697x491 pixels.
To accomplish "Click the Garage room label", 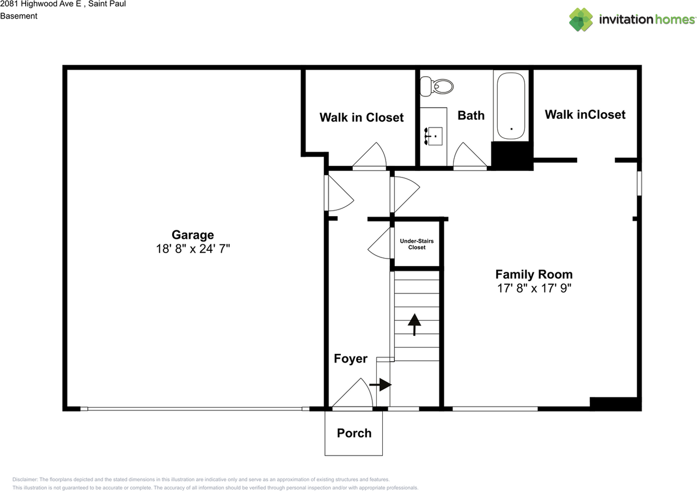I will [193, 235].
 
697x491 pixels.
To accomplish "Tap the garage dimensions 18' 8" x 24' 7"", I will [193, 249].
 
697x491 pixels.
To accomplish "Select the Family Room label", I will [534, 274].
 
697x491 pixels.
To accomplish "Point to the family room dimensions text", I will [534, 289].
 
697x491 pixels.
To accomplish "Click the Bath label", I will [471, 115].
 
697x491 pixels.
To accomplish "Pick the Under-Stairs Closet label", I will [417, 244].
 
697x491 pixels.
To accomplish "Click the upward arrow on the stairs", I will [414, 324].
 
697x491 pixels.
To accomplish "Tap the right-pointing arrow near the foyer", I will [381, 385].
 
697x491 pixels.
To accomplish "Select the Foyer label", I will [351, 359].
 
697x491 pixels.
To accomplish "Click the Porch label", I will [354, 433].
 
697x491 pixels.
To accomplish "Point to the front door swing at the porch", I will [354, 393].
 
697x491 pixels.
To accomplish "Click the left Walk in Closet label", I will [362, 118].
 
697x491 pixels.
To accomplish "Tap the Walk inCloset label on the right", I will [585, 114].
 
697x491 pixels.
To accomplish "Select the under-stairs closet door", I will [381, 243].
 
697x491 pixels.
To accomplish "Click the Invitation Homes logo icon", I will [581, 20].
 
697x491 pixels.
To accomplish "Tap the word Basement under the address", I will [19, 16].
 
